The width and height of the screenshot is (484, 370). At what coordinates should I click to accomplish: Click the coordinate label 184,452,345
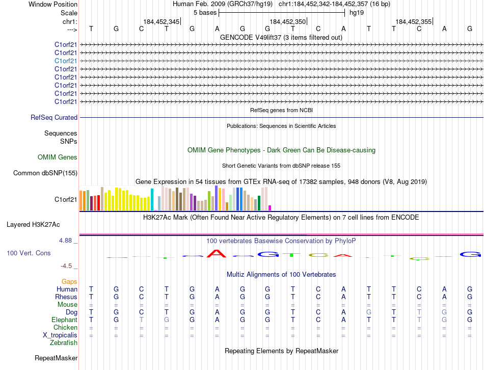coord(162,21)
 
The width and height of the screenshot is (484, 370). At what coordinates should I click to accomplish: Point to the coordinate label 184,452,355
coord(413,21)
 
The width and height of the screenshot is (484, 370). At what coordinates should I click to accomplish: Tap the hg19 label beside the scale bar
coord(356,12)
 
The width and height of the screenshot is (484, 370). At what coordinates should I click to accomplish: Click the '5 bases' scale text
coord(205,12)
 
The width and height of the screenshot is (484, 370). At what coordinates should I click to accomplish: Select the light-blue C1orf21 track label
coord(66,61)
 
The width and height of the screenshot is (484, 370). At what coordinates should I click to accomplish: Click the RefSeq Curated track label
coord(54,117)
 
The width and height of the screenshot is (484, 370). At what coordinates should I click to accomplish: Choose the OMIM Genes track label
coord(58,157)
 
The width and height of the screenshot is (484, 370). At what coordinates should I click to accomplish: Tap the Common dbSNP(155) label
coord(45,173)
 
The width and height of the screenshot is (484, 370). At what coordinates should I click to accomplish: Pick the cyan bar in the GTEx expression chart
coord(152,199)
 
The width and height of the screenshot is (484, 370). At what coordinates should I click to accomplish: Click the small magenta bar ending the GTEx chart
coord(270,207)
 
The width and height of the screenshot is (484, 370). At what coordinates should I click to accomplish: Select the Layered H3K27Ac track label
coord(33,224)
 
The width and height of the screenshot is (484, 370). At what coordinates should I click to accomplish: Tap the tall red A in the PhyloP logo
coord(217,253)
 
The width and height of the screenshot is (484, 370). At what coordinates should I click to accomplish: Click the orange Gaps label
coord(69,281)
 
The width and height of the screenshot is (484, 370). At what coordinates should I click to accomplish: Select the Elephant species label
coord(64,320)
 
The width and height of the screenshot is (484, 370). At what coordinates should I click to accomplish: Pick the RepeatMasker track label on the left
coord(56,358)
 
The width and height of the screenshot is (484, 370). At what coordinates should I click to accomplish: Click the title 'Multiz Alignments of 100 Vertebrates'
coord(281,274)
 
